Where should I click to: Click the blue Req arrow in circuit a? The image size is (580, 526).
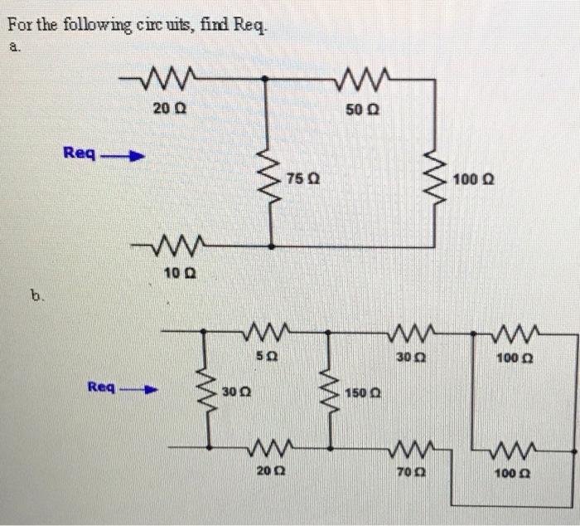click(x=123, y=154)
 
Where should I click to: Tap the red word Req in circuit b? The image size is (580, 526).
click(x=102, y=387)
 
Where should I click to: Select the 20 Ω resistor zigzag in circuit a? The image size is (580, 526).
click(x=168, y=80)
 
